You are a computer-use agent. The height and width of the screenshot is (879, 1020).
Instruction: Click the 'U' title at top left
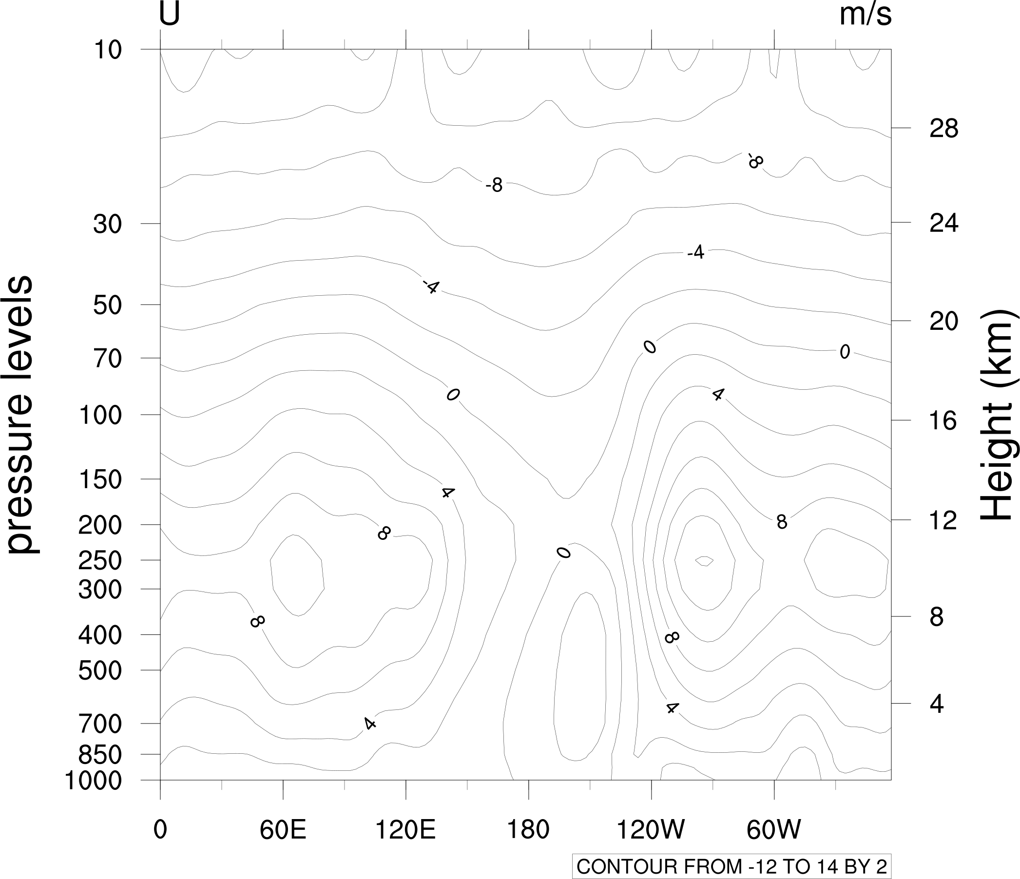169,15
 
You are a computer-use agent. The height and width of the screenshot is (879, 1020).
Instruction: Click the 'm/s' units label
865,15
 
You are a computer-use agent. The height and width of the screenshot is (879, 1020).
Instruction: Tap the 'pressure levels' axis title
20,414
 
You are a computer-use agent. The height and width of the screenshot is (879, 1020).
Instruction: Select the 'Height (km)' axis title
995,414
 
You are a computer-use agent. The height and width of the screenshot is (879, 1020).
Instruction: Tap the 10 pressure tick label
107,50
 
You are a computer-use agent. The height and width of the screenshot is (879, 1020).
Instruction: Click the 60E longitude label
283,830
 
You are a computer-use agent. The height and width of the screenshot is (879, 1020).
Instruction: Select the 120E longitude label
405,830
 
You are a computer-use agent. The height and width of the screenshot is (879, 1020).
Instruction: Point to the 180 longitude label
528,830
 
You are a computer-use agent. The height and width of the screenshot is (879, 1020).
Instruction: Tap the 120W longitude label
651,830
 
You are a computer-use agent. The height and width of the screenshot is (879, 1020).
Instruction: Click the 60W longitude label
774,830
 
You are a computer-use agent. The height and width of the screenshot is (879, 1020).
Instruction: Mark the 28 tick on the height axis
943,129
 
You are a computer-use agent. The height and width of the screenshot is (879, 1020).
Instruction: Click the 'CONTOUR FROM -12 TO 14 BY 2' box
732,867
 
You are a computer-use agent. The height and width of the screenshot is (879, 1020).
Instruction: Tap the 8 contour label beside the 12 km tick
782,522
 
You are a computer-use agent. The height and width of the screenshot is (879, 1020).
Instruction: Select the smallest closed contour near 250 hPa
705,561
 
